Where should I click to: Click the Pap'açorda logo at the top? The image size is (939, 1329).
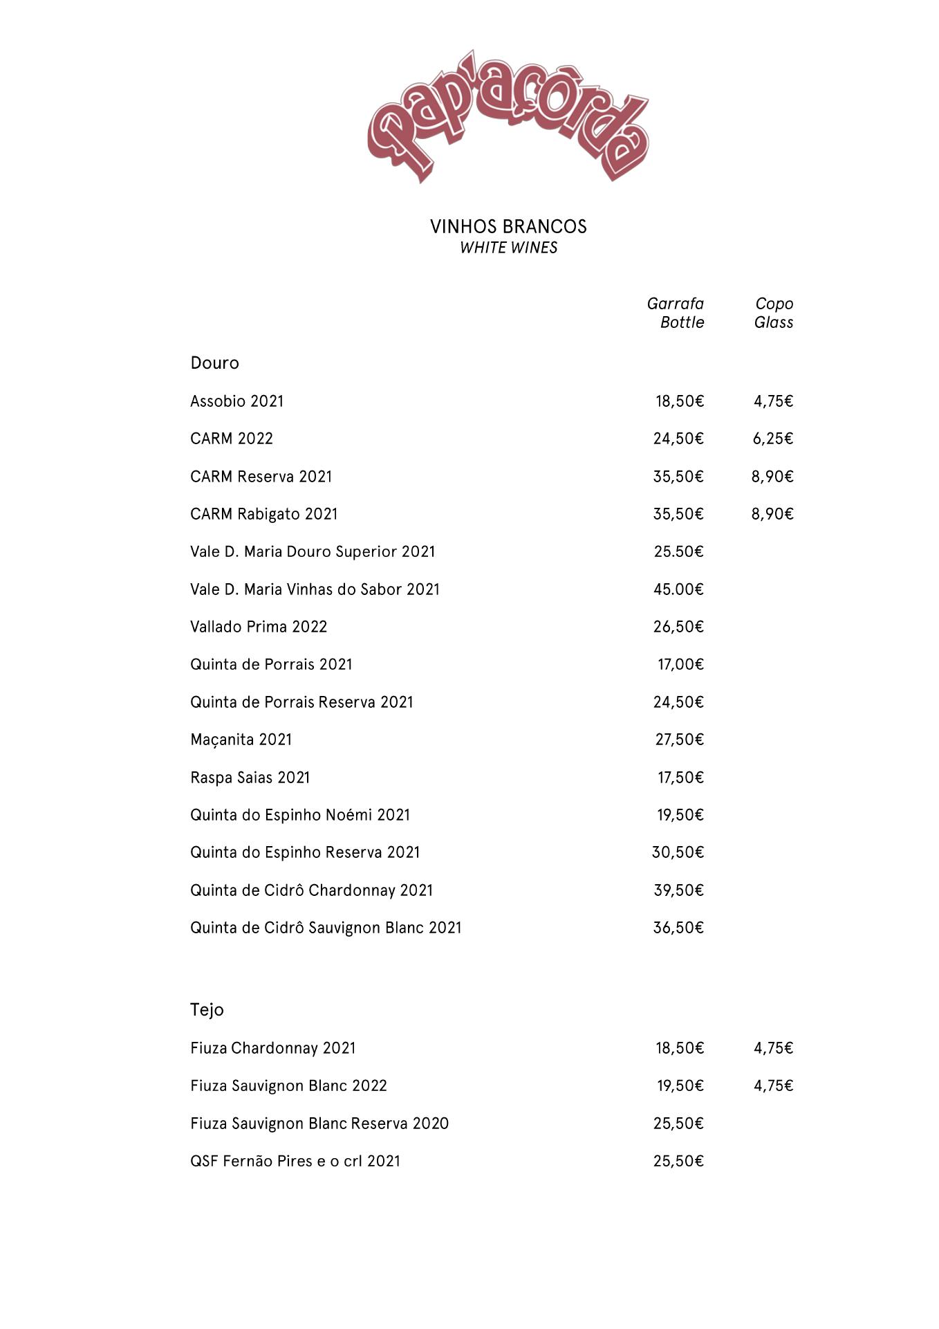coord(508,116)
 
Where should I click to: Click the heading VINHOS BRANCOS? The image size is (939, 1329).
coord(508,226)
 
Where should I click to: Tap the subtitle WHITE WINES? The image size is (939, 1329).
coord(508,248)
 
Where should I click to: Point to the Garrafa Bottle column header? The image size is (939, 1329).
coord(676,313)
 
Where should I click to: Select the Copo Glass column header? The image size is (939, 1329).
coord(774,313)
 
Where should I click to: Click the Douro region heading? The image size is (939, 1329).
coord(214,363)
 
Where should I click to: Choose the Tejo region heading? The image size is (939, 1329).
coord(207,1010)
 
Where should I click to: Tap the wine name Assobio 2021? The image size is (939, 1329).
coord(236,401)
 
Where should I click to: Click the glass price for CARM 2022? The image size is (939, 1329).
coord(773,439)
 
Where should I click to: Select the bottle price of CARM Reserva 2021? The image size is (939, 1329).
coord(678,477)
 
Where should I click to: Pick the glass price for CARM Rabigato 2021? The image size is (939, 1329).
coord(772,514)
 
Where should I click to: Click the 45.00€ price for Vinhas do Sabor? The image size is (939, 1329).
coord(678,589)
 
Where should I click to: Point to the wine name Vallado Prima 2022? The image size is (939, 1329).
coord(259,627)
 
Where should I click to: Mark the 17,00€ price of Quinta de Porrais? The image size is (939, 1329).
coord(680,665)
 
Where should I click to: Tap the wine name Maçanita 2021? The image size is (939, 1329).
coord(241,740)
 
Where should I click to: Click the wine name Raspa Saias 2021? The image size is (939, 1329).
coord(250,778)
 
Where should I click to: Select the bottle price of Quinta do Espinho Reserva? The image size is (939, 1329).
coord(678,852)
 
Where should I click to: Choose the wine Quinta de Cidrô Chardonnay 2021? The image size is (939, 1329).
coord(311,890)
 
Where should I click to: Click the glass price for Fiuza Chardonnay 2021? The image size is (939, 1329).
coord(773,1048)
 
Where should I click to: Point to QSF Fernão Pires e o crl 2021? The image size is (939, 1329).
coord(295,1161)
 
